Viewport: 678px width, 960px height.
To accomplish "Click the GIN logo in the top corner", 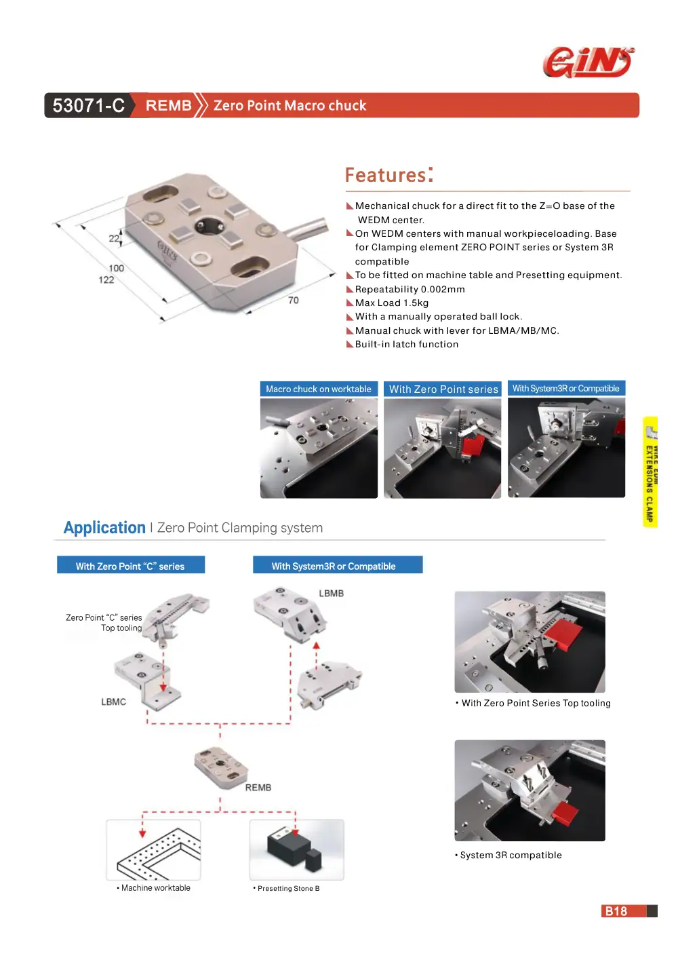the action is (589, 62).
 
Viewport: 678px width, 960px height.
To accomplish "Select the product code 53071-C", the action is (89, 105).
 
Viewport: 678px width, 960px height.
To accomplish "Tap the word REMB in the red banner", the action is (168, 105).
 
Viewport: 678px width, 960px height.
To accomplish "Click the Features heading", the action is (389, 174).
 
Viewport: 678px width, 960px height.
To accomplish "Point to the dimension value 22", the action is (113, 238).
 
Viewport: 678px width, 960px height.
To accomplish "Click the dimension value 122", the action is (106, 280).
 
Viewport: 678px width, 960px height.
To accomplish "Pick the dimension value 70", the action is (294, 301).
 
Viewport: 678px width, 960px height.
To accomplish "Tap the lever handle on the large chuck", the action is (307, 228).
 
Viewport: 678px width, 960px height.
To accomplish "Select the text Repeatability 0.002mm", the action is (410, 289).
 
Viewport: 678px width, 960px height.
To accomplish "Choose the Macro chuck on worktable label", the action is (319, 389).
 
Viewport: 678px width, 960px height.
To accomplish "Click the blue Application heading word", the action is (104, 528).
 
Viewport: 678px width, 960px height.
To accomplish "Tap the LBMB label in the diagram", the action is (331, 594).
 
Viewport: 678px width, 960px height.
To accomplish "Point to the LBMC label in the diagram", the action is (113, 702).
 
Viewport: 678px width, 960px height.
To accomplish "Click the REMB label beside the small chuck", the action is (258, 788).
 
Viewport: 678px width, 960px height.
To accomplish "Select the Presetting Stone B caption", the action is (288, 889).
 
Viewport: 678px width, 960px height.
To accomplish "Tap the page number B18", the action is (616, 910).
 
